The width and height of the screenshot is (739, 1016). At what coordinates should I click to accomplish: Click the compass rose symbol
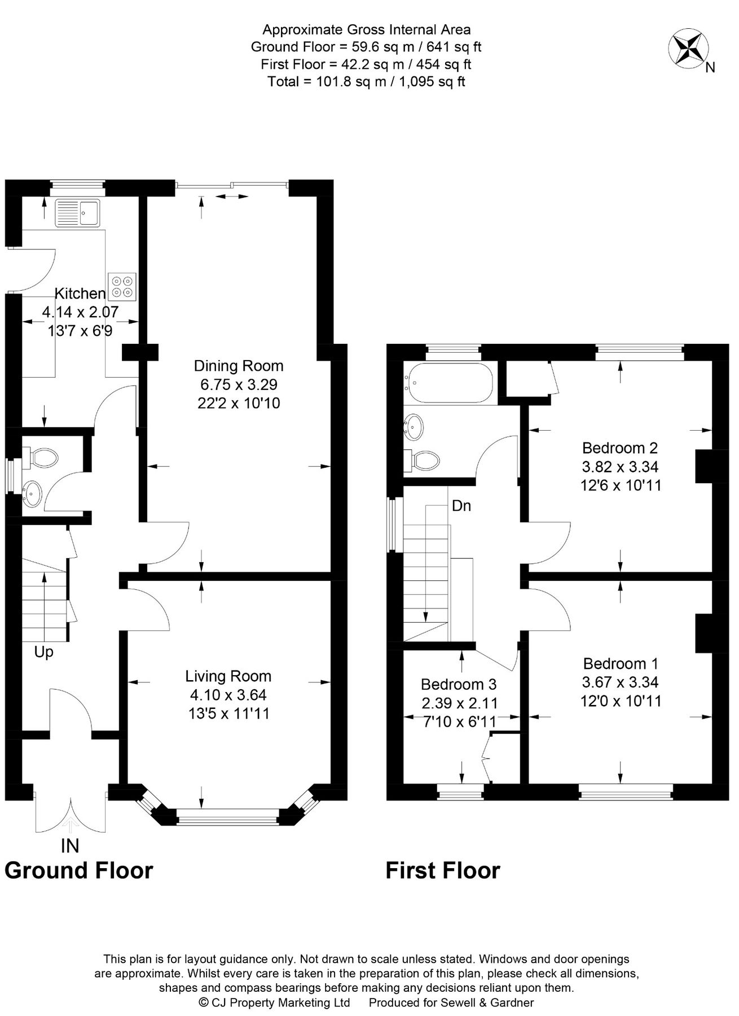tap(688, 49)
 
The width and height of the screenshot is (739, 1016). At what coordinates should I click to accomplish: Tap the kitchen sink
tap(77, 213)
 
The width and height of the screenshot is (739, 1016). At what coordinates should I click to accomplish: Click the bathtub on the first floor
tap(450, 382)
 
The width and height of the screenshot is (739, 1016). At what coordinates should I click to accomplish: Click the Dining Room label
tap(239, 366)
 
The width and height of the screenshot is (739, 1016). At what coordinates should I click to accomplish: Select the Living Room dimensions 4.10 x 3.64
tap(228, 694)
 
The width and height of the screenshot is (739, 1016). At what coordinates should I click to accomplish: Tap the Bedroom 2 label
tap(620, 448)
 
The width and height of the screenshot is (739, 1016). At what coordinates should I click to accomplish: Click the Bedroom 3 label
tap(459, 684)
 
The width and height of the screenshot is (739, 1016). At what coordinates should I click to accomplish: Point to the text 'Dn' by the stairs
tap(461, 506)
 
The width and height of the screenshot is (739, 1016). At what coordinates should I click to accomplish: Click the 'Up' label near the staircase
tap(43, 652)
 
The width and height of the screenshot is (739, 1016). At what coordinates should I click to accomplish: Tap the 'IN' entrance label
tap(70, 846)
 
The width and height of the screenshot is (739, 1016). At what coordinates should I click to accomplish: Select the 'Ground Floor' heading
tap(78, 870)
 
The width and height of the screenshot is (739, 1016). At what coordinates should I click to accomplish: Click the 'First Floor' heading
tap(442, 870)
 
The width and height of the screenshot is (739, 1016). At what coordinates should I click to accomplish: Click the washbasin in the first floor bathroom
tap(415, 427)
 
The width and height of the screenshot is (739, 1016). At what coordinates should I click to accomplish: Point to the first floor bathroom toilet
tap(424, 460)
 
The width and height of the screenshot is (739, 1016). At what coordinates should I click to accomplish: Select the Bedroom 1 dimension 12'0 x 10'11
tap(621, 701)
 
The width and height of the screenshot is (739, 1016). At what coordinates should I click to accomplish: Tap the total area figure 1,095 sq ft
tap(432, 82)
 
